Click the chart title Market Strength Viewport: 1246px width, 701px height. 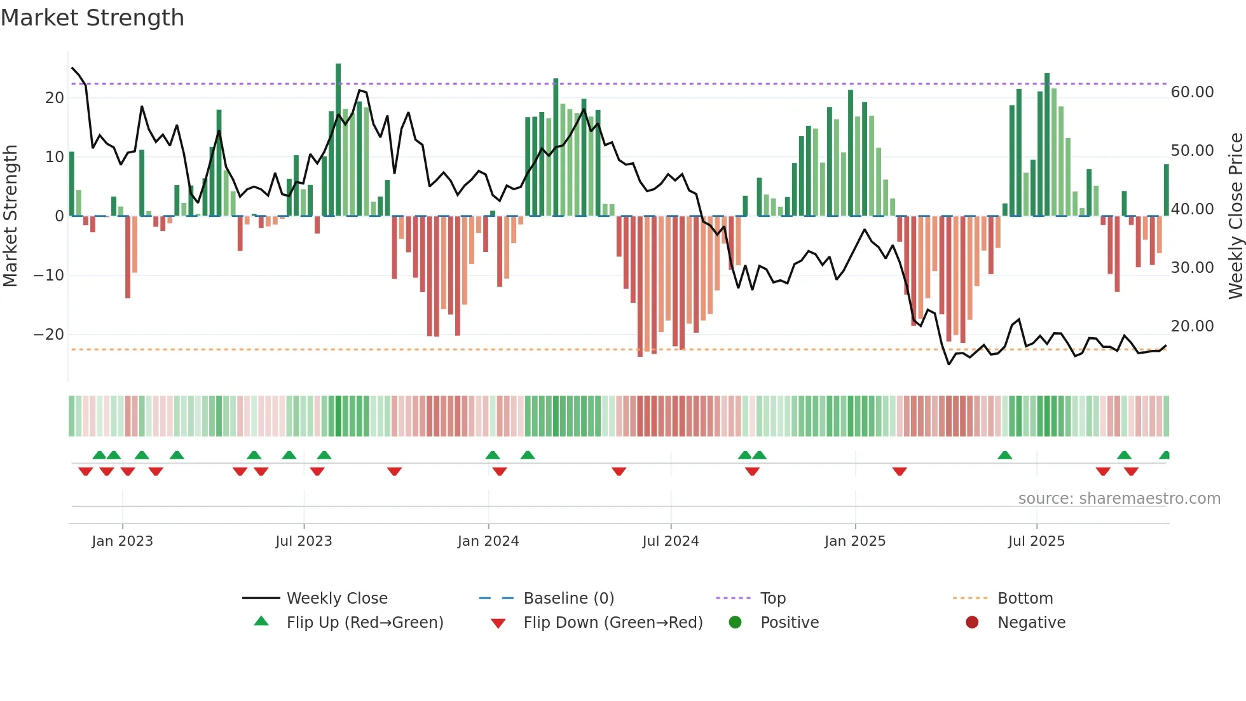[x=93, y=18]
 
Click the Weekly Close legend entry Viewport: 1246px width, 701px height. [x=336, y=599]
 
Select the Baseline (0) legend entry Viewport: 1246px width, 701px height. [x=568, y=599]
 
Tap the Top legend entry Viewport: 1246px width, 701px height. [x=772, y=599]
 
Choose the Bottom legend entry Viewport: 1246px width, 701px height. [x=1025, y=599]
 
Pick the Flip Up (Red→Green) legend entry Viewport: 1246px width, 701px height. [x=364, y=623]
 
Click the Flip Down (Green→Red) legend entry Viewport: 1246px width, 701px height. [x=613, y=623]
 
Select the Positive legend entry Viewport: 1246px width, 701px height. [x=789, y=623]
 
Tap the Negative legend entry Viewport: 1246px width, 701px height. [x=1030, y=623]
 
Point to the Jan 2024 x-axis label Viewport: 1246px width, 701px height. [x=488, y=541]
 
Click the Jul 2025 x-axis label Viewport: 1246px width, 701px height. [x=1036, y=541]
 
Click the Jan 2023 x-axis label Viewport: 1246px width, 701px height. [x=122, y=541]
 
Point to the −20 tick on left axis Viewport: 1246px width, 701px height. [x=49, y=335]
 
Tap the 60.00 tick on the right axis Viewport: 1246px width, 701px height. [x=1192, y=92]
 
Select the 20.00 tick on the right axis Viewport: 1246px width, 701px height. [x=1192, y=326]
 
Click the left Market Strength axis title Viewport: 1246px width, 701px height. [x=10, y=216]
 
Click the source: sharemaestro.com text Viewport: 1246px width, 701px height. [x=1119, y=499]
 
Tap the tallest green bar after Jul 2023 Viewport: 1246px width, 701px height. [x=338, y=140]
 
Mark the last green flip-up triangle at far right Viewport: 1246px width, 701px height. [x=1165, y=455]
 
